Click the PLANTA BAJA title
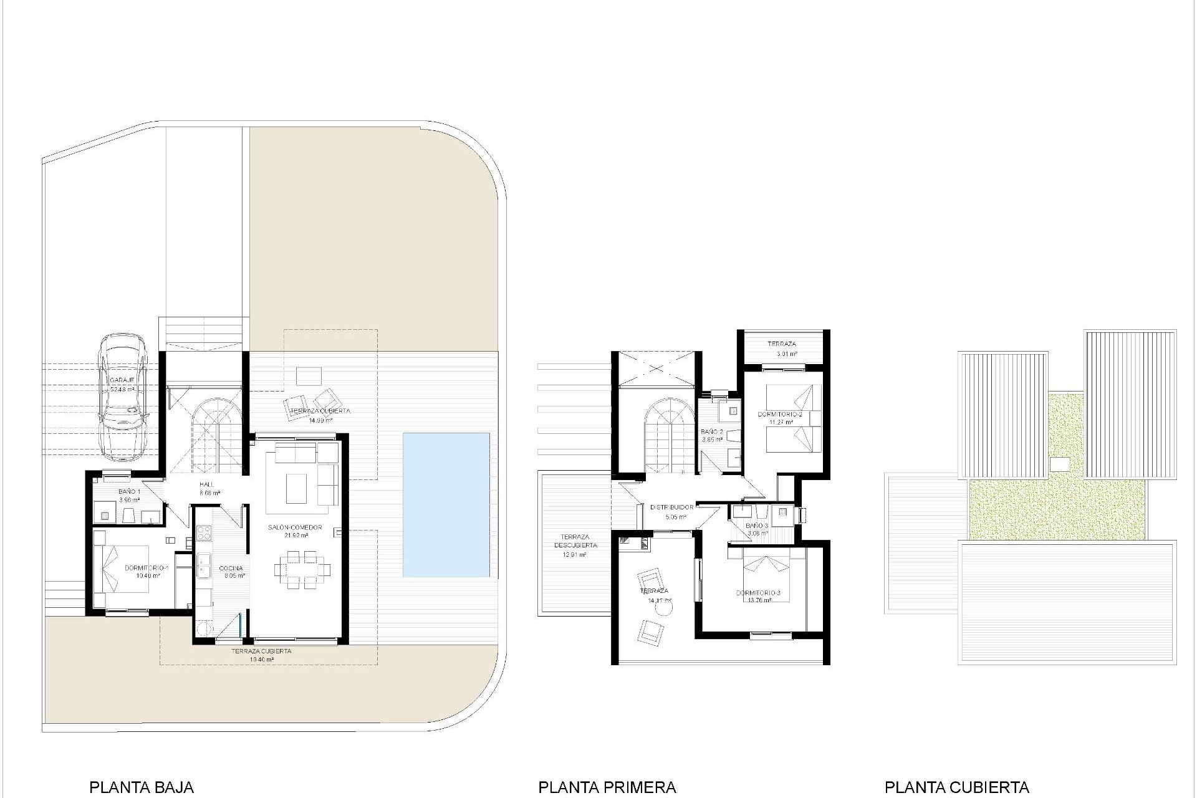(x=142, y=787)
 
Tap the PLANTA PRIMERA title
(x=607, y=787)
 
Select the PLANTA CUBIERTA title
(x=956, y=787)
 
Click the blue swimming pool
(x=446, y=504)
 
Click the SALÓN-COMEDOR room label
(x=295, y=527)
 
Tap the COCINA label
(x=231, y=568)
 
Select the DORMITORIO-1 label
(x=147, y=568)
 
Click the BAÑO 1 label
(x=130, y=492)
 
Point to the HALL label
(x=207, y=484)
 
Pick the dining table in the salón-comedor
(x=302, y=569)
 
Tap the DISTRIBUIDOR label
(x=671, y=507)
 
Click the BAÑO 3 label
(x=757, y=526)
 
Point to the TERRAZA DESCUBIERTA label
(x=575, y=541)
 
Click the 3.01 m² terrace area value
(x=786, y=353)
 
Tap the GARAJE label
(x=122, y=380)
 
